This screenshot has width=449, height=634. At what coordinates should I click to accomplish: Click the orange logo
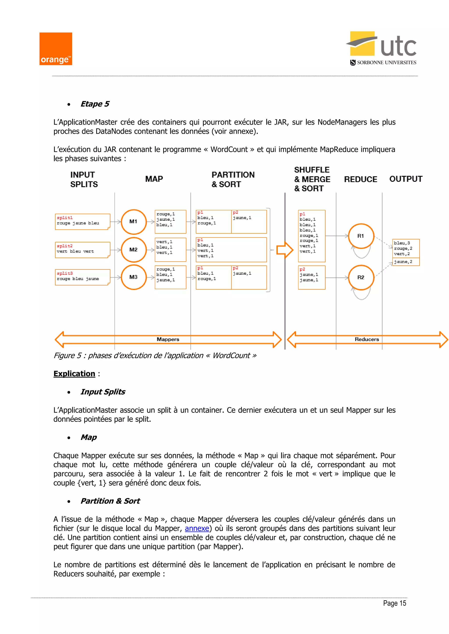[55, 49]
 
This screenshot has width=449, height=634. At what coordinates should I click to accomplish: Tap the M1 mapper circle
[134, 222]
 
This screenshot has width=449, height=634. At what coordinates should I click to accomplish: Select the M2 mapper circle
[134, 250]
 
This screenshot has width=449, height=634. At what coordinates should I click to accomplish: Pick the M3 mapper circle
[134, 277]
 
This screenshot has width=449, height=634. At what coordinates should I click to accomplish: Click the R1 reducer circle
[361, 236]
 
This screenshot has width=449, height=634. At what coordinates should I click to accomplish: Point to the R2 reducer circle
[361, 278]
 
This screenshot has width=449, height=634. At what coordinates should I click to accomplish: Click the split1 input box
[82, 222]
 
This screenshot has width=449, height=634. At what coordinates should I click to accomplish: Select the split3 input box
[82, 277]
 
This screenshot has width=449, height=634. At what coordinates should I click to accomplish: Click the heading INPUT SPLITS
[84, 180]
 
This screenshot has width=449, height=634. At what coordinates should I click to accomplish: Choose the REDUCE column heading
[360, 180]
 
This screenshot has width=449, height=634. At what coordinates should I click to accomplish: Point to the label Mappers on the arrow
[168, 339]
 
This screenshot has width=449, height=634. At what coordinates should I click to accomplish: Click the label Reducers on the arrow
[367, 339]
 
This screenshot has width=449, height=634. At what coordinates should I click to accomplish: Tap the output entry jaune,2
[403, 262]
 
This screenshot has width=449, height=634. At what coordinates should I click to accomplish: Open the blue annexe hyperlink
[197, 528]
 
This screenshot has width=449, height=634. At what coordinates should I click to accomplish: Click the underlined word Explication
[74, 374]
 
